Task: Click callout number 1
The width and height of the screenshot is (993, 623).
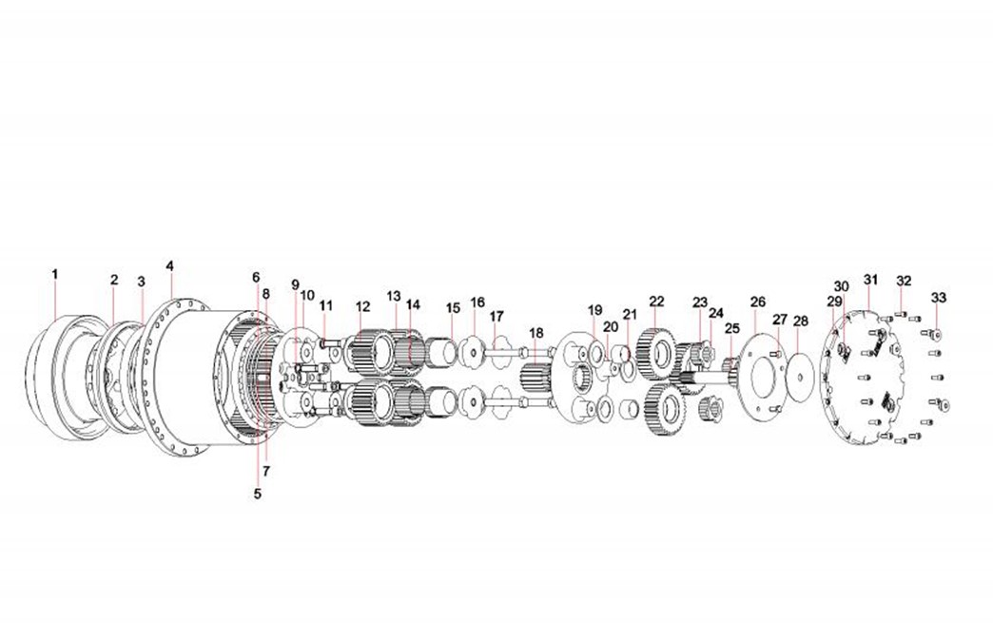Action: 55,274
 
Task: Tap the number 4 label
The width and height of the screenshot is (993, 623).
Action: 169,266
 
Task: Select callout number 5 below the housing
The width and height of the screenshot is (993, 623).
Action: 257,494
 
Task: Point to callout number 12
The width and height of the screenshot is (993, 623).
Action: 363,307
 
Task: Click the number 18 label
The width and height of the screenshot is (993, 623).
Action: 536,333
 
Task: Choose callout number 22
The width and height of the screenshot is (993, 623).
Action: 656,302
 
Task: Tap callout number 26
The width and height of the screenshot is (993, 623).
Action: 758,302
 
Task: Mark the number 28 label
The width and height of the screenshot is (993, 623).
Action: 801,321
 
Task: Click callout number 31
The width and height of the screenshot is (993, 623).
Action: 871,280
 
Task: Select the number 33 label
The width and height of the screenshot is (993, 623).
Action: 939,298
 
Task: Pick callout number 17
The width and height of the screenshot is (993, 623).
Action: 496,316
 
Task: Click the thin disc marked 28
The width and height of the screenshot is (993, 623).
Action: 800,378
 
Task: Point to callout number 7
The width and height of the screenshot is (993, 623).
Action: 266,471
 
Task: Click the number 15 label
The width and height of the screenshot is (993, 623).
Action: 453,308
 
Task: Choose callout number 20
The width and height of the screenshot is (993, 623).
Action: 611,326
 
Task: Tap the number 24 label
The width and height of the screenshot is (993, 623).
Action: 716,313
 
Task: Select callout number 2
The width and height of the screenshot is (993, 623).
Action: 114,280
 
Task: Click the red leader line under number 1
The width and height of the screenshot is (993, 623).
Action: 56,301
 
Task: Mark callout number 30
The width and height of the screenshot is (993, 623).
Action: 841,287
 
